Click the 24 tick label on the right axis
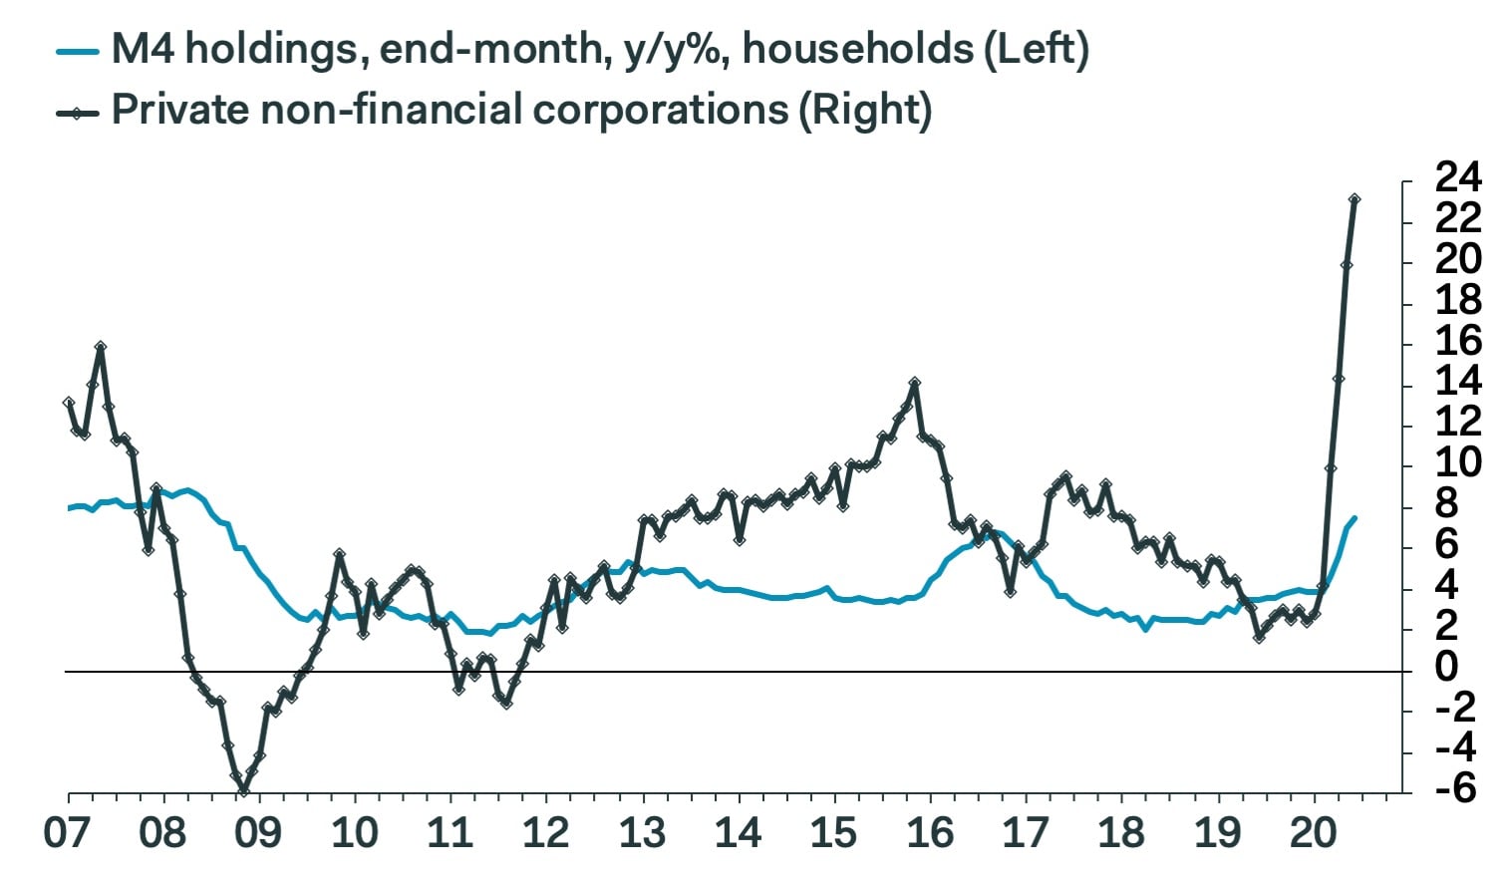1458,179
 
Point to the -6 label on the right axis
1455,788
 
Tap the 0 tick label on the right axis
1446,667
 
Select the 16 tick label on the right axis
1458,342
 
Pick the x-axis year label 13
643,833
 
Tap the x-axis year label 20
1314,833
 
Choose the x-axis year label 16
931,833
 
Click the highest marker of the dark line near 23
1354,199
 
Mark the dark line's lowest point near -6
243,792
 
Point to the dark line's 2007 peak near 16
100,347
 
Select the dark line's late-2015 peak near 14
914,383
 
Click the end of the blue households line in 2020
1354,517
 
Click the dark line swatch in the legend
78,111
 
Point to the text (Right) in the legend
864,111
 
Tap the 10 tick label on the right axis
1458,463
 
